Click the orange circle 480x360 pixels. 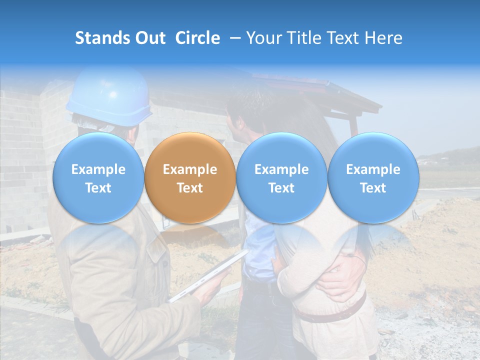[x=190, y=178]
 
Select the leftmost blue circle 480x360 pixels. [x=98, y=178]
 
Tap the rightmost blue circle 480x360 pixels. [x=373, y=178]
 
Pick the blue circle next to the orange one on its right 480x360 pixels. [x=281, y=178]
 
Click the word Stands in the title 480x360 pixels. [x=103, y=38]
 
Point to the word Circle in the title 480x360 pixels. [x=197, y=38]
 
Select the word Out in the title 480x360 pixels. [x=150, y=38]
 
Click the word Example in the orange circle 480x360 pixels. [x=190, y=169]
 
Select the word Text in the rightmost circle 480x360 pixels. [x=373, y=188]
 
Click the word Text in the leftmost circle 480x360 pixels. [x=98, y=188]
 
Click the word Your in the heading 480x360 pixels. [x=262, y=38]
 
